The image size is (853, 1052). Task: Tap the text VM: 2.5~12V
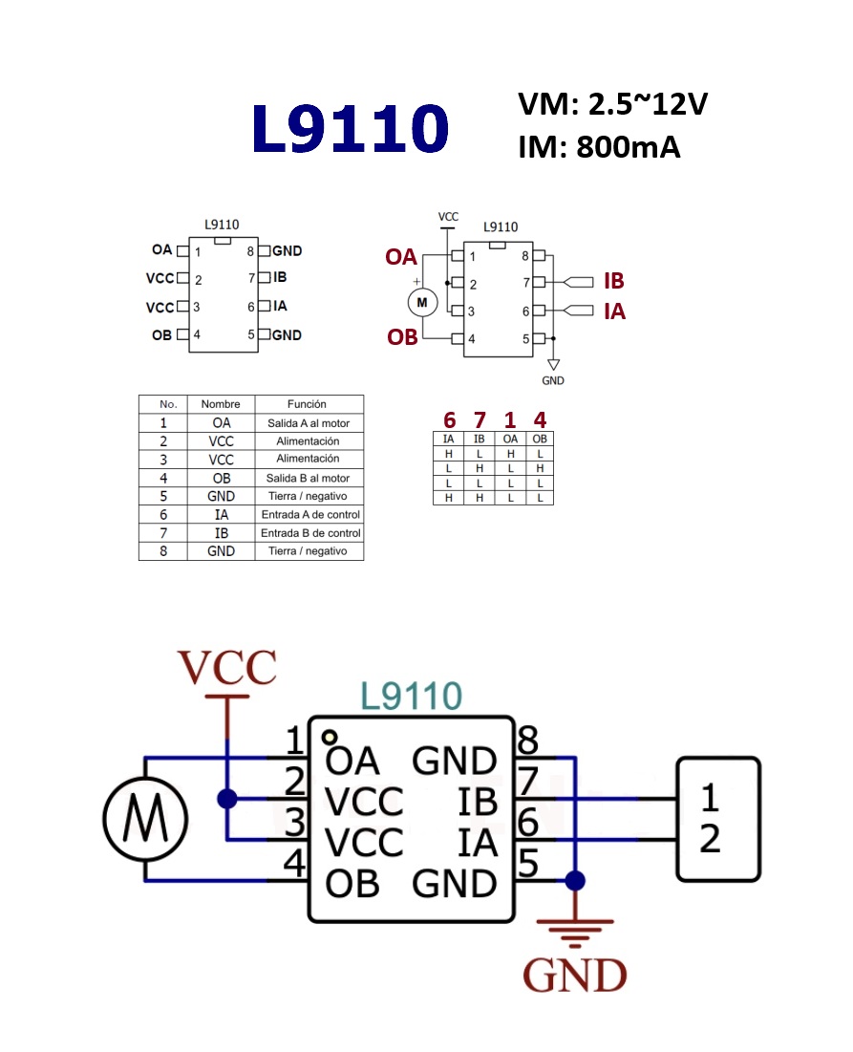coord(613,104)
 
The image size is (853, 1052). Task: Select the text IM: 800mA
coord(599,147)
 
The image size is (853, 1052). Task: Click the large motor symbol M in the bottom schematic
coord(145,819)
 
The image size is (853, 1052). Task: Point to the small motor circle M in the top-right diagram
coord(422,303)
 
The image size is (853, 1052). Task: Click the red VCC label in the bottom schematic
coord(227,667)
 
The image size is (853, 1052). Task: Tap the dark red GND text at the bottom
coord(575,975)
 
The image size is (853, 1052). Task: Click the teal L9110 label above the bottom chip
coord(411,696)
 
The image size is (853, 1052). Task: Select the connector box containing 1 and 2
coord(718,819)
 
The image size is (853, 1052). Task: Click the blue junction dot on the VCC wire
coord(227,799)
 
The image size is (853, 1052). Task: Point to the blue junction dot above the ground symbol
coord(575,880)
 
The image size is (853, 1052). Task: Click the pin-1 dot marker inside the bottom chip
coord(330,737)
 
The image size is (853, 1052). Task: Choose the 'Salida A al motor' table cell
coord(309,422)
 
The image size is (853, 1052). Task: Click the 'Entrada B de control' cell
coord(309,533)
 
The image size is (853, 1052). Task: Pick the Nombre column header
coord(221,404)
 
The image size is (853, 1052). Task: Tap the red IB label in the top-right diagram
coord(613,281)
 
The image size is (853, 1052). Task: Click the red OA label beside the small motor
coord(401,257)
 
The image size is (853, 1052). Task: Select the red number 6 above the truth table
coord(449,420)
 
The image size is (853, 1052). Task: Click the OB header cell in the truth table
coord(540,439)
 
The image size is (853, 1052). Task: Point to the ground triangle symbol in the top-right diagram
coord(553,365)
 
